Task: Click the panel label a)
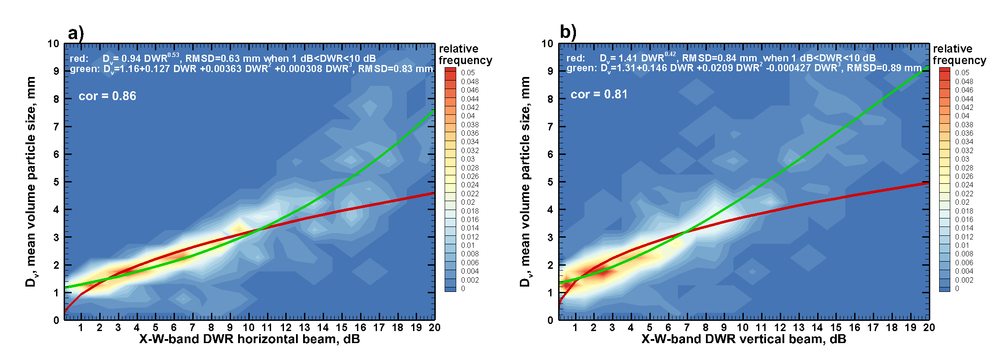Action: (76, 34)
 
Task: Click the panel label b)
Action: (568, 32)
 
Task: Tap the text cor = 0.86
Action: (107, 96)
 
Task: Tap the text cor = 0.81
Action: (599, 94)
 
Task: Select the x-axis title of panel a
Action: (249, 340)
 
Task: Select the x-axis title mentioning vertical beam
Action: (743, 340)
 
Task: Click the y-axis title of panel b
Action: (525, 182)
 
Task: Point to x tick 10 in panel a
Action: (248, 328)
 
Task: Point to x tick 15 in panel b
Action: (835, 328)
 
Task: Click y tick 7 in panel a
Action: (56, 127)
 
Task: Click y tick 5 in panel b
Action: (550, 182)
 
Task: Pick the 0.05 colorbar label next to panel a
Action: (468, 73)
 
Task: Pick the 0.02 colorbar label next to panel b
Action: (962, 202)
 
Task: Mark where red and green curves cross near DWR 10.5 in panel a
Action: (258, 229)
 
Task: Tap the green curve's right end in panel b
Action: (928, 68)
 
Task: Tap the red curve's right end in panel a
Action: (434, 193)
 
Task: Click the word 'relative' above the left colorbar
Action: (458, 49)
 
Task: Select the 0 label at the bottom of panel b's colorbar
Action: (957, 288)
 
